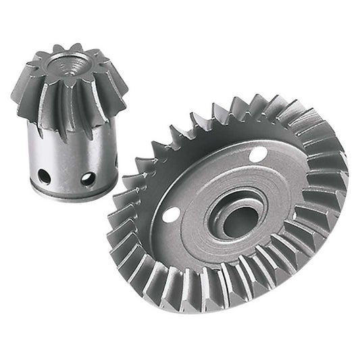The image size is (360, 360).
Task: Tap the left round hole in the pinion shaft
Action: [x=44, y=176]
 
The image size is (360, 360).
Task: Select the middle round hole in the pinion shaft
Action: [x=88, y=179]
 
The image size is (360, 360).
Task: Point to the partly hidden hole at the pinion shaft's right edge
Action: [x=116, y=162]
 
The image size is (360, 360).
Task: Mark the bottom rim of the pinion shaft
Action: [x=71, y=196]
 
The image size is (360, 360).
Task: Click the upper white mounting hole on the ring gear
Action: [x=257, y=155]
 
